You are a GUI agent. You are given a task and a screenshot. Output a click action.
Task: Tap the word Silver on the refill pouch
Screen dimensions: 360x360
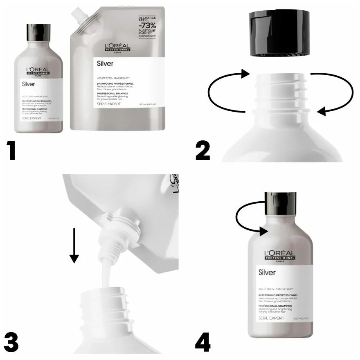pyautogui.click(x=105, y=63)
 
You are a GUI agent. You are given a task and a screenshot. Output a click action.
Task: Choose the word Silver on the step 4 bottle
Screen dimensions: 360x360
pyautogui.click(x=266, y=272)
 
